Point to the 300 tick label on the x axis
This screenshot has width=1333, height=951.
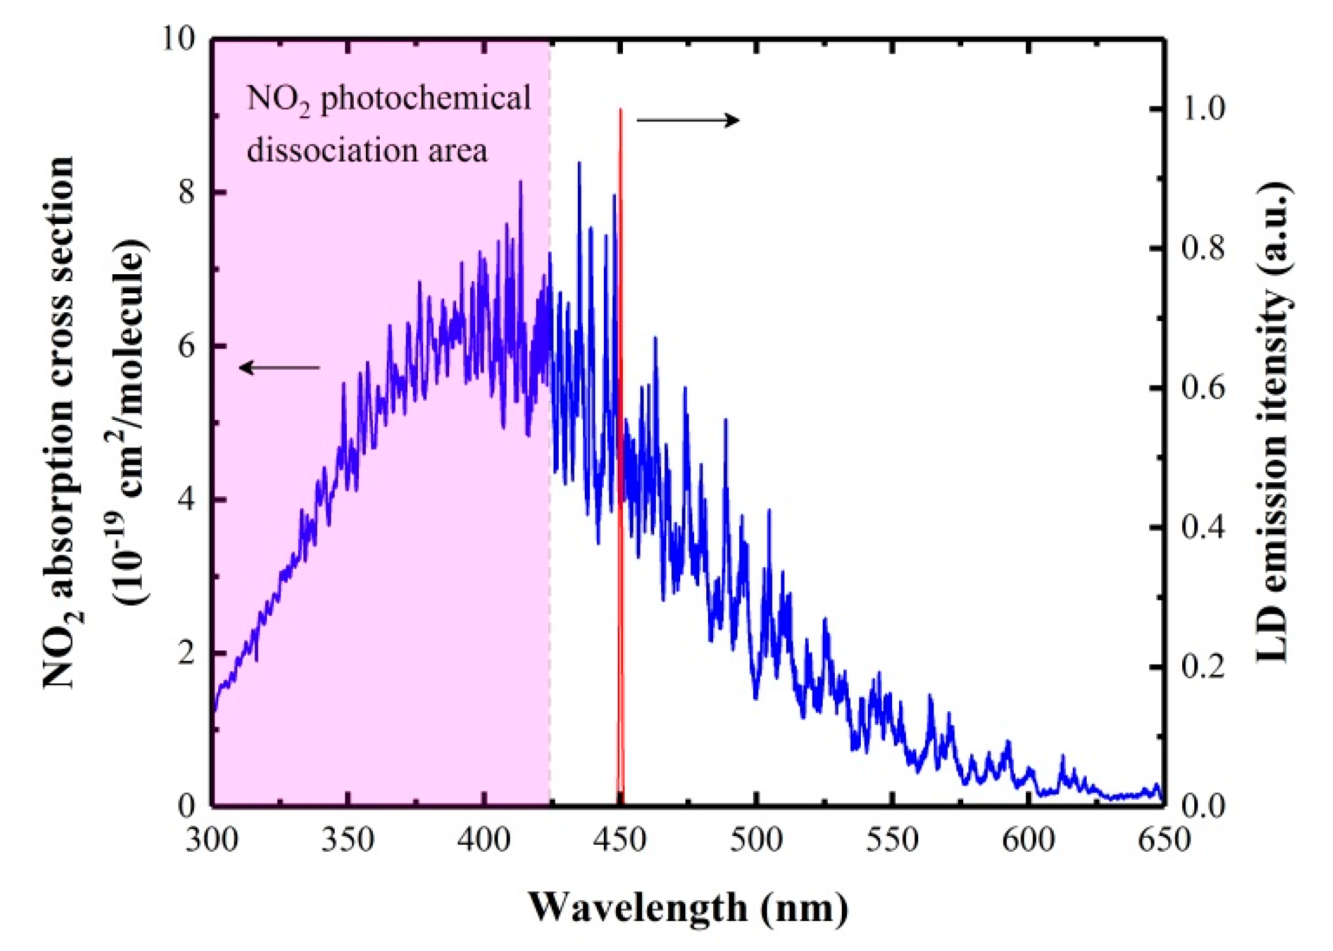coord(212,840)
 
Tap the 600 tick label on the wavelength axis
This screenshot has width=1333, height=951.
coord(1028,840)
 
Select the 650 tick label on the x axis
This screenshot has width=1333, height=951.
coord(1164,840)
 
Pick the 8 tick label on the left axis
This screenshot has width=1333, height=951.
coord(186,192)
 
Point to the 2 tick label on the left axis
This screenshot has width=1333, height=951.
coord(186,653)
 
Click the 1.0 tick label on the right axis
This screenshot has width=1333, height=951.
coord(1203,109)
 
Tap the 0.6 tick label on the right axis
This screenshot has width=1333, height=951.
coord(1203,388)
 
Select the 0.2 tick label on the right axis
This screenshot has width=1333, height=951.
coord(1203,667)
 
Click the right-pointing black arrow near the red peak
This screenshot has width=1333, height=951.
coord(688,120)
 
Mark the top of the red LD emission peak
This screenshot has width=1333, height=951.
coord(620,111)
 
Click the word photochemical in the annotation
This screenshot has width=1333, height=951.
coord(425,99)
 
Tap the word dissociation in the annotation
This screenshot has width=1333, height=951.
coord(332,151)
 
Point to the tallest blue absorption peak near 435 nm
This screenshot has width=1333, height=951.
coord(578,163)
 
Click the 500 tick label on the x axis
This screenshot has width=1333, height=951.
coord(756,840)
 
